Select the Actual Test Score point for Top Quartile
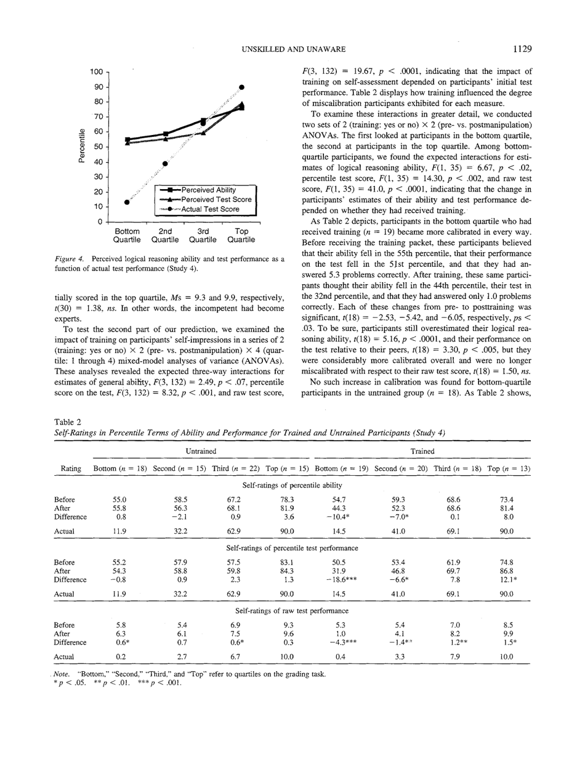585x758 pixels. pyautogui.click(x=242, y=87)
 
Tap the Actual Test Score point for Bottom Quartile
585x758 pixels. pyautogui.click(x=127, y=202)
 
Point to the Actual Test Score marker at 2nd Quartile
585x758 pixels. pyautogui.click(x=164, y=164)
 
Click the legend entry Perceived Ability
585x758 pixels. pyautogui.click(x=209, y=190)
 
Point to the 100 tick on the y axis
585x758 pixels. pyautogui.click(x=96, y=71)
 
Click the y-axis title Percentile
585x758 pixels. pyautogui.click(x=81, y=146)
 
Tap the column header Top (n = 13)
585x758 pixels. pyautogui.click(x=508, y=469)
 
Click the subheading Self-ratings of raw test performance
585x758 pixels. pyautogui.click(x=292, y=611)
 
